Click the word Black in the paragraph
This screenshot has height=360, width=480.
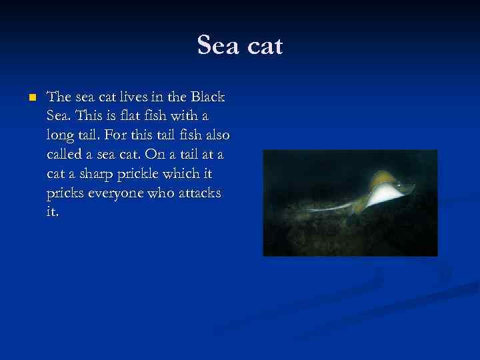pos(207,97)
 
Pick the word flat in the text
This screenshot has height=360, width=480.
pos(135,116)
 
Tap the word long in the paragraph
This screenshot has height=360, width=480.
pos(61,137)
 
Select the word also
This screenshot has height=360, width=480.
pos(214,135)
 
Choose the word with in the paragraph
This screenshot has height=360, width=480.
pos(191,116)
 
